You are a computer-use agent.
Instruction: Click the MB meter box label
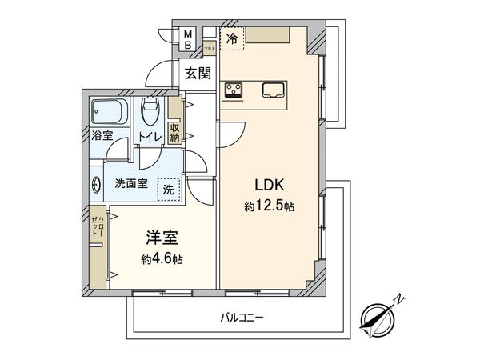pos(188,39)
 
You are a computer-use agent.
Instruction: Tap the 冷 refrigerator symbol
pos(231,38)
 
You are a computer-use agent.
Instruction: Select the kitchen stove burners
pos(234,90)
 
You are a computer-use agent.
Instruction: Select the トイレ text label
pos(150,138)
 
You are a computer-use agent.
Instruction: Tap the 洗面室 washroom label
pos(130,183)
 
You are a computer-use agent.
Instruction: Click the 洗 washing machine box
pos(168,189)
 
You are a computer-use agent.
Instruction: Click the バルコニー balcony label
pos(242,318)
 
